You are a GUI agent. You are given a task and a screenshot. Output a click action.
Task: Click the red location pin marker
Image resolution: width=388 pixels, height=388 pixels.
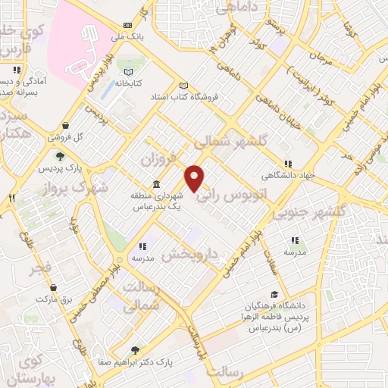click(195, 179)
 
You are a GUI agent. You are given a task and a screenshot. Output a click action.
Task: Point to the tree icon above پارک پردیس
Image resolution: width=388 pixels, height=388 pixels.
click(60, 156)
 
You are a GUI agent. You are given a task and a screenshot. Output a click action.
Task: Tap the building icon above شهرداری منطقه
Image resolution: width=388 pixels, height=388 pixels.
click(156, 185)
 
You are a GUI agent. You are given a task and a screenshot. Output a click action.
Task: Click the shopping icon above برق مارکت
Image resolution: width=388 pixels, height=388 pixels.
click(54, 288)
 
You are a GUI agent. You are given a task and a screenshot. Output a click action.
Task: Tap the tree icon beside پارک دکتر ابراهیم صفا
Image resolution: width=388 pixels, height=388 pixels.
click(136, 350)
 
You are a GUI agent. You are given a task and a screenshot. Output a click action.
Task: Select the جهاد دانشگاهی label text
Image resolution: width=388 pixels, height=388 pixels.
click(287, 176)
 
